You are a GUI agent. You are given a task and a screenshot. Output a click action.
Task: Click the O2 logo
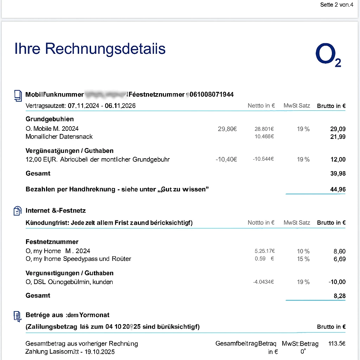point(328,56)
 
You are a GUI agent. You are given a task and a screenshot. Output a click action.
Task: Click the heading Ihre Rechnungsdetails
point(90,49)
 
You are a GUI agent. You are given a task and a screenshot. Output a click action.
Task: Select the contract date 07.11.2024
point(83,106)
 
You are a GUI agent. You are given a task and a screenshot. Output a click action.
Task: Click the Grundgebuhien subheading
point(50,119)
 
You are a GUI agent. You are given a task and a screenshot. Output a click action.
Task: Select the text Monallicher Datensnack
point(59,136)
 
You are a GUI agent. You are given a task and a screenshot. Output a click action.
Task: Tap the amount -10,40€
point(226,159)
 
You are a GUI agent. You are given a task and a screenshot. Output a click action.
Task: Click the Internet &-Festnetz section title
point(56,211)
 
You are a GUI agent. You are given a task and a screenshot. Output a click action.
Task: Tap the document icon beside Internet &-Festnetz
point(17,211)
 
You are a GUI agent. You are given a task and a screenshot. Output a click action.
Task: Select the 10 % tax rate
point(303,251)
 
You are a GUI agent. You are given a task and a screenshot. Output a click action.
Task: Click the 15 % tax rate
point(303,259)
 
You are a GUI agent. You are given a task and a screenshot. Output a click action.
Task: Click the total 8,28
point(339,296)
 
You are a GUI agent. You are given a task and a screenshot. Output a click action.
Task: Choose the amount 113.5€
point(336,343)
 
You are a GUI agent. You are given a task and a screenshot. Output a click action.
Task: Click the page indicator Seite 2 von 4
point(336,5)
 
